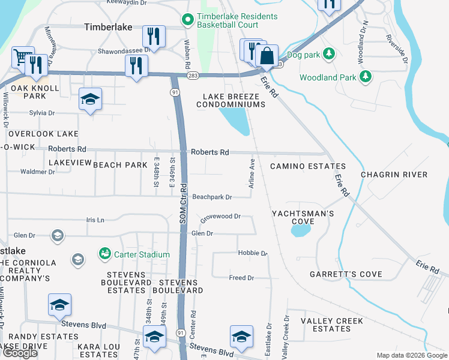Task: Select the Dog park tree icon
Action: [328, 55]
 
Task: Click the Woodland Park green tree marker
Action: [364, 76]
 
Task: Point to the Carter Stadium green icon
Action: [106, 254]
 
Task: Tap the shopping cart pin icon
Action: [23, 58]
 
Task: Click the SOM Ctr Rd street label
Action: [184, 203]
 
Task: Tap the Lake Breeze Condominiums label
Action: [234, 100]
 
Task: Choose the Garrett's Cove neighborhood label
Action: [346, 274]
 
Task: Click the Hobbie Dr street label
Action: [252, 253]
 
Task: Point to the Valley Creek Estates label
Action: [333, 325]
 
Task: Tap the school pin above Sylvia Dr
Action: [90, 98]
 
